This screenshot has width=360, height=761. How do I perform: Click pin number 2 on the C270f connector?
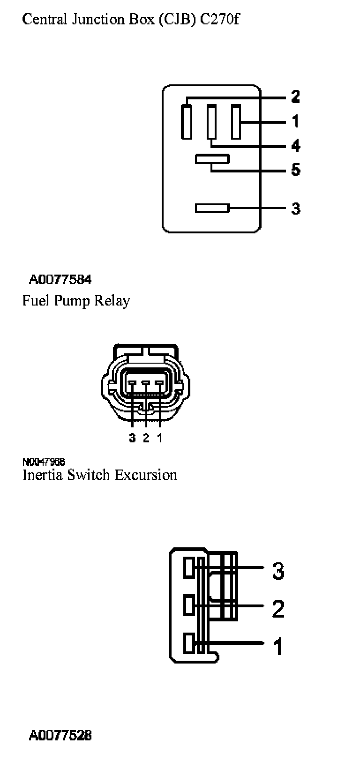[x=295, y=97]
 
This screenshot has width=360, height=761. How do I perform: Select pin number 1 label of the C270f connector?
[x=295, y=121]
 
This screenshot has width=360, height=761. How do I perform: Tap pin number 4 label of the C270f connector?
[x=295, y=146]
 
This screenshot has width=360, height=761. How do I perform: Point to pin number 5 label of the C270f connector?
[x=295, y=170]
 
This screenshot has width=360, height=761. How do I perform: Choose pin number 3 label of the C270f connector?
[x=295, y=208]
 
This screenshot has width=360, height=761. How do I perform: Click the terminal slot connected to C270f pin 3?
[x=212, y=208]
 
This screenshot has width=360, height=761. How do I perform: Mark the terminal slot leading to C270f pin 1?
[x=236, y=122]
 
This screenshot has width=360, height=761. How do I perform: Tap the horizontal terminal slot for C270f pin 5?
[x=212, y=160]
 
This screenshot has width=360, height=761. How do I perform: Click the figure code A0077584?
[x=60, y=280]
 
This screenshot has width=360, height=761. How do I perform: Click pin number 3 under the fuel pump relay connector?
[x=133, y=438]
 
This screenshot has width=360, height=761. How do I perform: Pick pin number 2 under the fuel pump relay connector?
[x=146, y=438]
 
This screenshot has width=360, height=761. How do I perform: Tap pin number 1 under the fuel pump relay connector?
[x=160, y=438]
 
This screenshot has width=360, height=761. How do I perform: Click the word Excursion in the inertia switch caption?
[x=146, y=475]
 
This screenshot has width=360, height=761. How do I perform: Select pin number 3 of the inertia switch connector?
[x=278, y=571]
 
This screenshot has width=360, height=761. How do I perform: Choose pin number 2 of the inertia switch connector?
[x=278, y=609]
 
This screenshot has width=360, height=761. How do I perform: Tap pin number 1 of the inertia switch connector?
[x=278, y=647]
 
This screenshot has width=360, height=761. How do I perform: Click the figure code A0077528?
[x=60, y=735]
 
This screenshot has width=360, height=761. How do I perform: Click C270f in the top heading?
[x=220, y=20]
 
